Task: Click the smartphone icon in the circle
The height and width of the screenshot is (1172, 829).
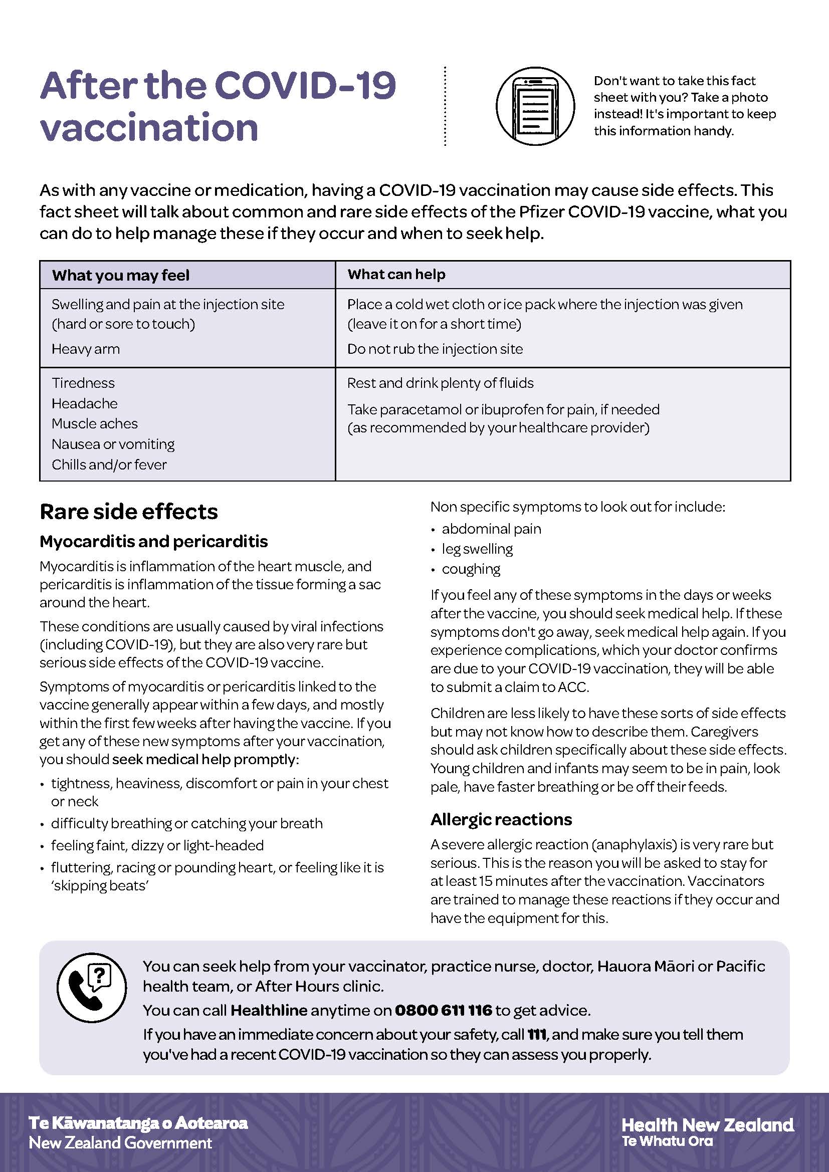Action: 535,106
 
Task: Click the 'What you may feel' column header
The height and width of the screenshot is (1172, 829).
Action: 120,276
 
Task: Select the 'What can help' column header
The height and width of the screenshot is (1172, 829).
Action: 396,275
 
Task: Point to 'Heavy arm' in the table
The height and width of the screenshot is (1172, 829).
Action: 86,349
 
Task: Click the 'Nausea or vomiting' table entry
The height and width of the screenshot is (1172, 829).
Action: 113,444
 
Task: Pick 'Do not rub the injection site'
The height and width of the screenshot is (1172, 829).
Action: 435,349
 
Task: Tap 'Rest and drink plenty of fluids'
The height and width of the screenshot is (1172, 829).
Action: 440,383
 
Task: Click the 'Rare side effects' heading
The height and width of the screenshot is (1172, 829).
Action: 129,512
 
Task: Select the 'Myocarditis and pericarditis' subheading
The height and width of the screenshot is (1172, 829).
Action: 154,542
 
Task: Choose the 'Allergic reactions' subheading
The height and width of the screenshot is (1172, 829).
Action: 501,820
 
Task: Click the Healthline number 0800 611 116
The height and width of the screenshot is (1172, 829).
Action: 443,1011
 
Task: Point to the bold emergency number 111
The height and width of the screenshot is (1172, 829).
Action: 536,1035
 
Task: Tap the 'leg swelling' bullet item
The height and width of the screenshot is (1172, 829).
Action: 477,549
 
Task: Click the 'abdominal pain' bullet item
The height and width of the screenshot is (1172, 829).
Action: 491,529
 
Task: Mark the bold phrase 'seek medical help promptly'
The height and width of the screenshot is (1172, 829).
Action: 203,760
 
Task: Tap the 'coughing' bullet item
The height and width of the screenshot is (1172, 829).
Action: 471,569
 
